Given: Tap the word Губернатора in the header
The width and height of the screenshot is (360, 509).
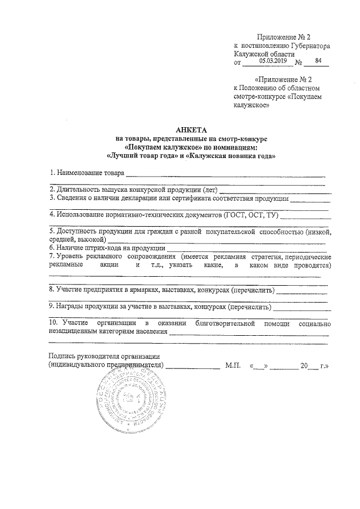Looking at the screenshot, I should coord(309,44).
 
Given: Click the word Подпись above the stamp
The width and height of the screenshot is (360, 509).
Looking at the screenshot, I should coord(64,357).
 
